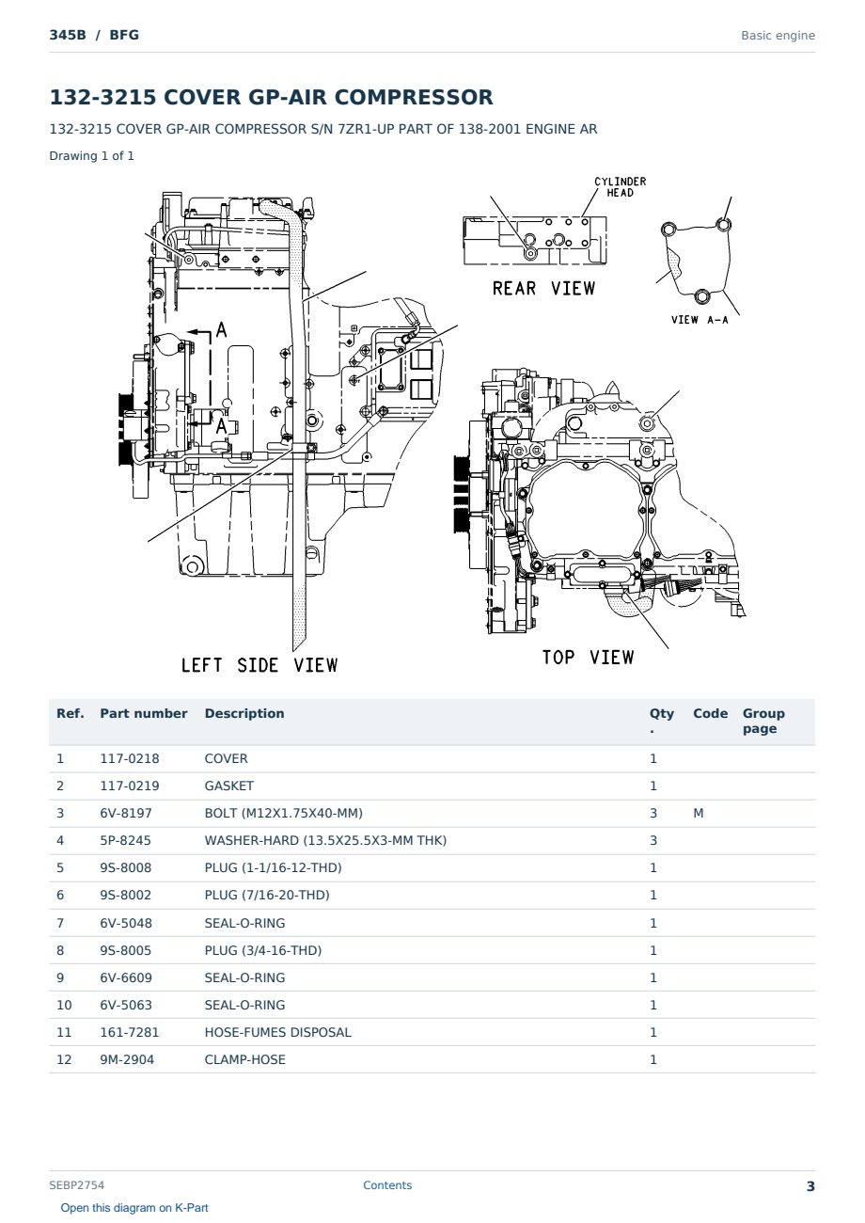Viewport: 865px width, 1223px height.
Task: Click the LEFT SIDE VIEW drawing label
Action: point(259,665)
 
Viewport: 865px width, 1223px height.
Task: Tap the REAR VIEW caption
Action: point(543,288)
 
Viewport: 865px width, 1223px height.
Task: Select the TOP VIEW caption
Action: point(588,657)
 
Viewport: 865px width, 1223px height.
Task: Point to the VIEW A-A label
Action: point(700,320)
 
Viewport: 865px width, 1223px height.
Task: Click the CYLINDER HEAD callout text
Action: point(620,186)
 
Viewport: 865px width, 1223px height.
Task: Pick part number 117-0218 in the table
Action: point(130,758)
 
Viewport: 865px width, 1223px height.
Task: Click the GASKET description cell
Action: point(229,786)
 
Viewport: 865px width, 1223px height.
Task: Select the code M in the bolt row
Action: point(698,813)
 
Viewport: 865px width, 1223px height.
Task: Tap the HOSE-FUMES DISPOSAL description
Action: point(277,1032)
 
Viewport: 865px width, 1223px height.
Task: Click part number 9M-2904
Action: point(127,1059)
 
